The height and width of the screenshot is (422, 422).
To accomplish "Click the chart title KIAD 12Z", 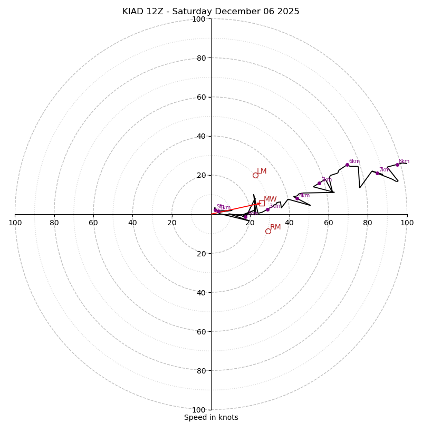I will point(210,12).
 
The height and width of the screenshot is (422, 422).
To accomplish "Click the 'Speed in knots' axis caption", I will point(211,417).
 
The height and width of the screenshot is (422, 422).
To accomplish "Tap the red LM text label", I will point(262,171).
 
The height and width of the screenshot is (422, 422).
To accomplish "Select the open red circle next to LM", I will point(255,175).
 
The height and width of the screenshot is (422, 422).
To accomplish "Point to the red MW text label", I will point(270,199).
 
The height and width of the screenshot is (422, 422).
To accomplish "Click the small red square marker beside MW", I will point(262,203).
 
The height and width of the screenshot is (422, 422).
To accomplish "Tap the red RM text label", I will point(275,227).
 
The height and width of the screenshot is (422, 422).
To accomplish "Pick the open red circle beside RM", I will point(268,231).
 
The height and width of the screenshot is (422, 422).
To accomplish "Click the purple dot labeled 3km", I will point(267,209).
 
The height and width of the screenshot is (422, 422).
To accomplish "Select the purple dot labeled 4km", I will point(297,198).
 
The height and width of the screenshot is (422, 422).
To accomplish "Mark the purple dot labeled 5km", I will point(319,183).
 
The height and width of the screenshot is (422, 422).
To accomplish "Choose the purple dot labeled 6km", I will point(347,165).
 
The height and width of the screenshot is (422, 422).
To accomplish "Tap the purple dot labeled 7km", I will point(377,173).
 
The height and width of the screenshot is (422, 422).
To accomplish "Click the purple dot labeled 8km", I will point(397,165).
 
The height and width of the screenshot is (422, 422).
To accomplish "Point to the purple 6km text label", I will point(354,161).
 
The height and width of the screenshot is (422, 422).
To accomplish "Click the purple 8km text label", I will point(404,161).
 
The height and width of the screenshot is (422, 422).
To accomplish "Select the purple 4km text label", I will point(304,195).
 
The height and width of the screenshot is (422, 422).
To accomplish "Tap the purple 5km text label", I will point(326,180).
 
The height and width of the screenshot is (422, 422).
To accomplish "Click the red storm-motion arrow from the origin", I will point(237,208).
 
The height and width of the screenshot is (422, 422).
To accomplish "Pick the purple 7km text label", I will point(384,170).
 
